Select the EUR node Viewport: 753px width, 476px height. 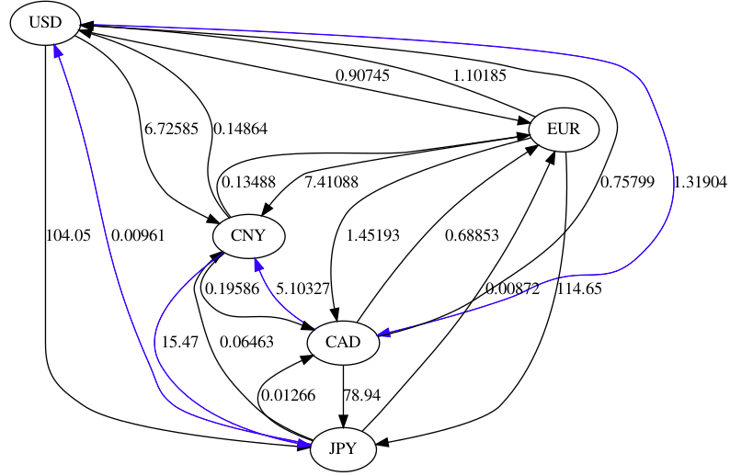pos(564,130)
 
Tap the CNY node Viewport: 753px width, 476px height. pos(248,235)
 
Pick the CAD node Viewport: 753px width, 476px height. pos(342,343)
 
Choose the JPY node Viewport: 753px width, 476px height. pos(342,449)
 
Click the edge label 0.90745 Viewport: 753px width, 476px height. pos(361,75)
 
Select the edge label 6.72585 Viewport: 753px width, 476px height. pos(171,129)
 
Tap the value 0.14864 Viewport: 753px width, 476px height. pos(241,129)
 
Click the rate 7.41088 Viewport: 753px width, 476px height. pos(330,182)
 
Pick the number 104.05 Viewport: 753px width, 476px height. pos(68,235)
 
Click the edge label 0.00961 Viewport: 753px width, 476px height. pos(137,235)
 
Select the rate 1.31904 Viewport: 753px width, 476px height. pos(701,182)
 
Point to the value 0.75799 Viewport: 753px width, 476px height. pos(627,182)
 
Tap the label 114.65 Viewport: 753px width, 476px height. pos(579,289)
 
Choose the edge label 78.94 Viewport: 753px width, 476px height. pos(361,396)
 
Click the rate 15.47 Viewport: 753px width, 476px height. pos(180,343)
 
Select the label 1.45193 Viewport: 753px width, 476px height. pos(372,235)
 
